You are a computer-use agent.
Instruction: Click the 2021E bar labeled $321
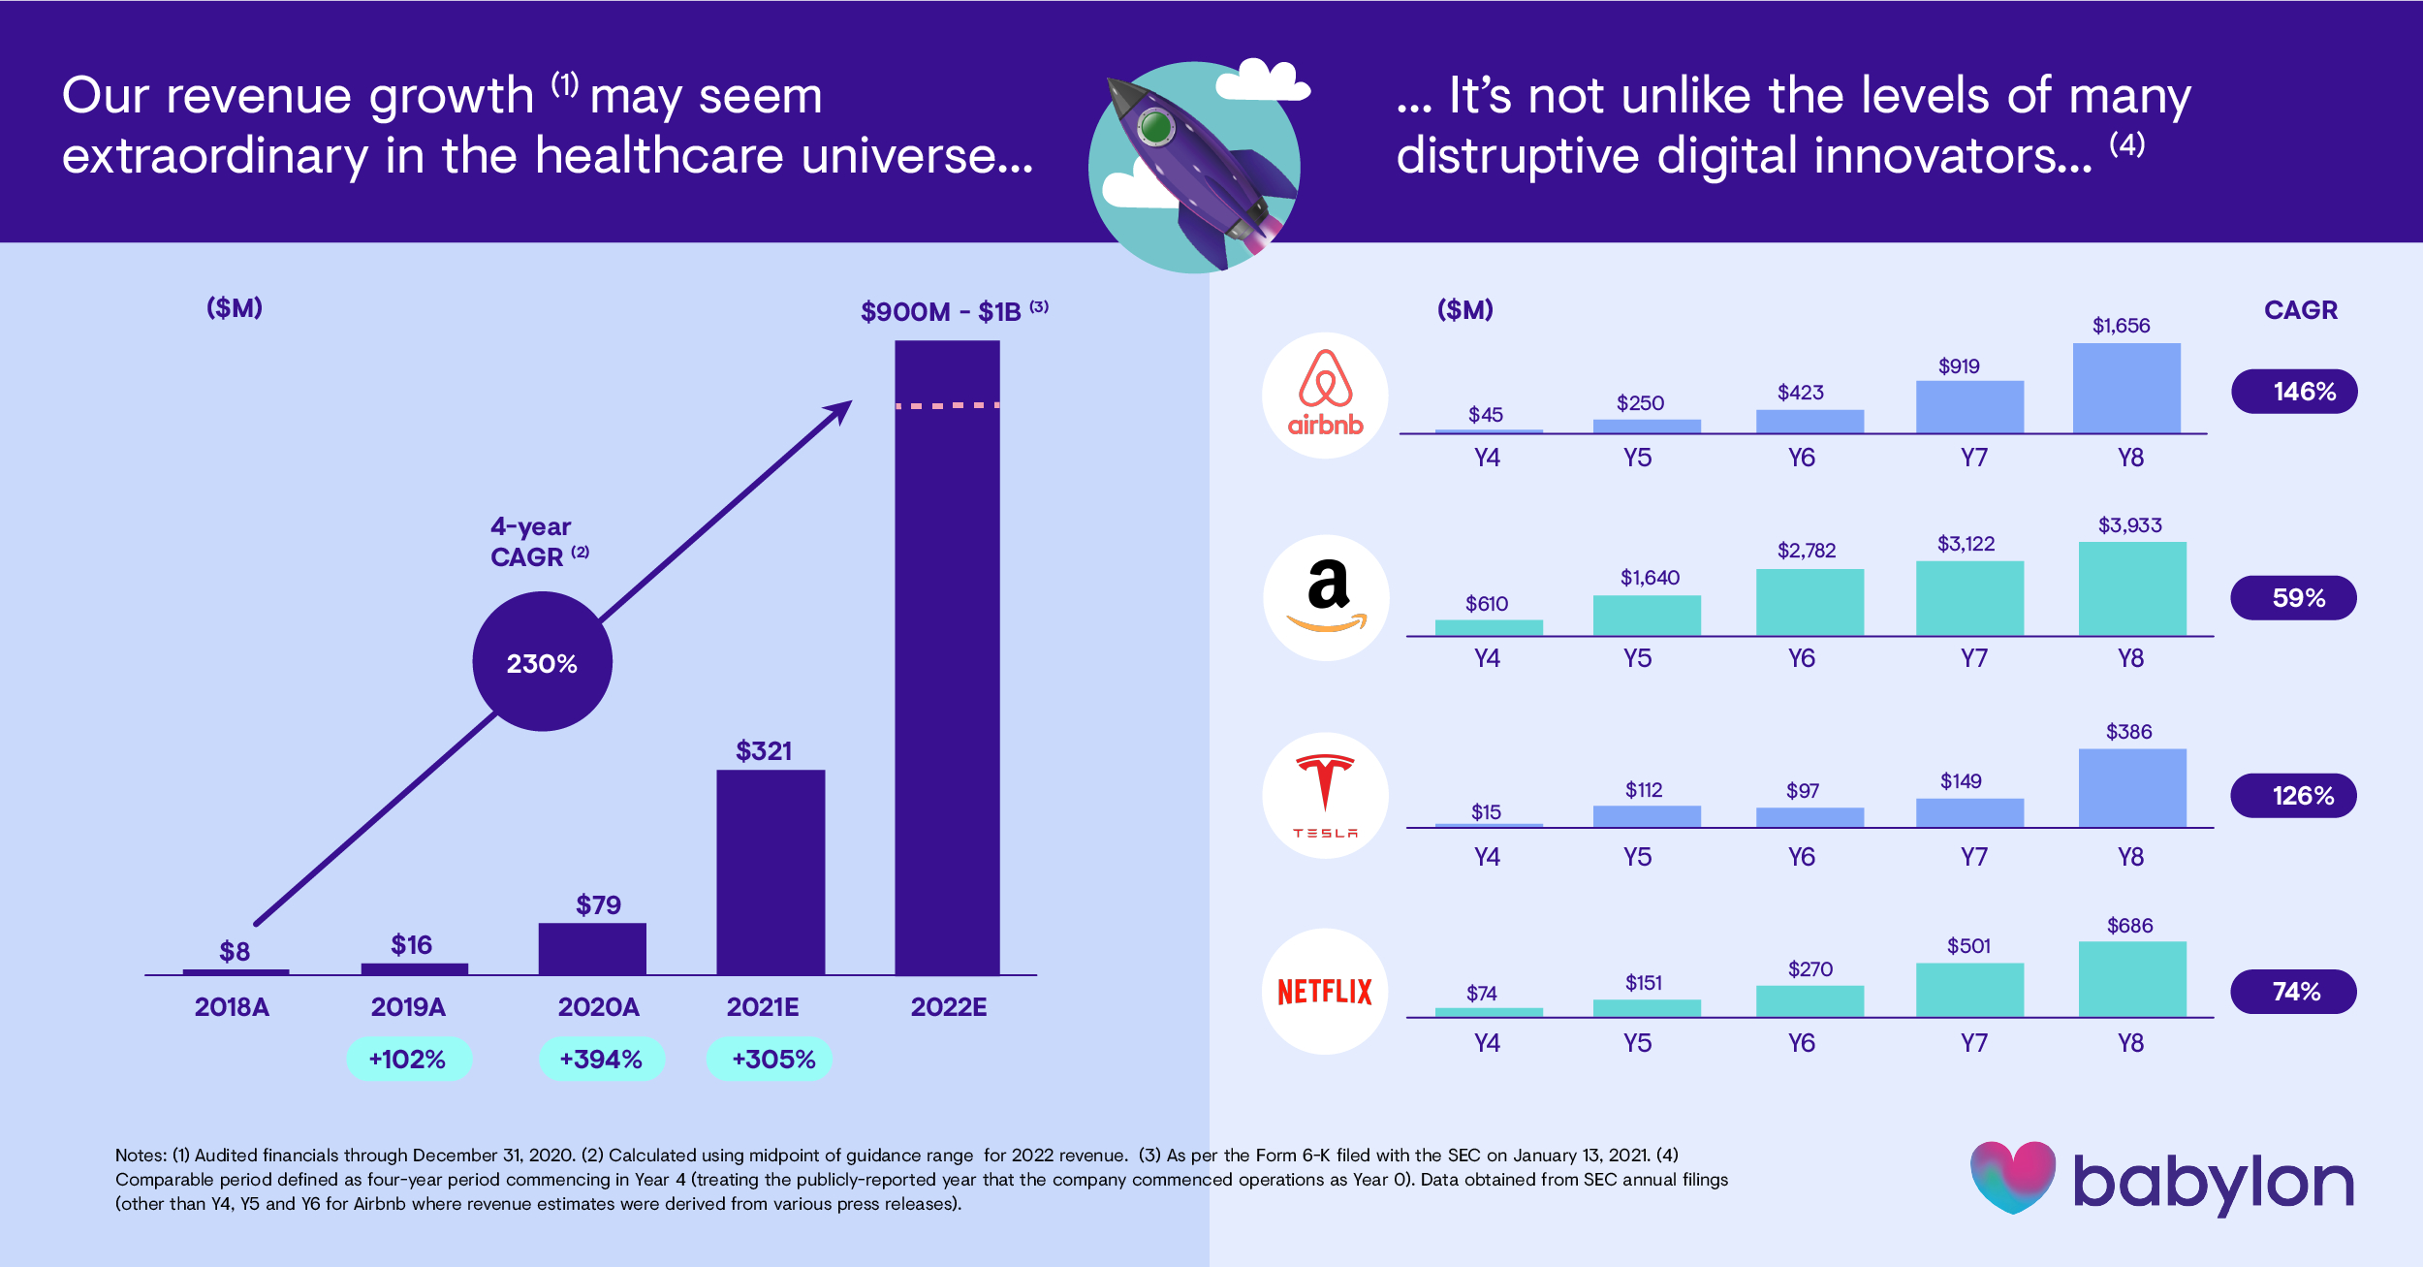tap(771, 871)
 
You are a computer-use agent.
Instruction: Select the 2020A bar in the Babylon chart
tap(592, 948)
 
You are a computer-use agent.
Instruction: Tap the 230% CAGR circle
tap(542, 662)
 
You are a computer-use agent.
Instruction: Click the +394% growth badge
tap(601, 1059)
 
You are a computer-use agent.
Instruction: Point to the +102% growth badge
tap(408, 1059)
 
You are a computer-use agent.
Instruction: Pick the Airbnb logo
tap(1325, 396)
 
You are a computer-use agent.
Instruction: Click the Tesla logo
tap(1325, 796)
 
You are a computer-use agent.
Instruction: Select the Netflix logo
tap(1325, 992)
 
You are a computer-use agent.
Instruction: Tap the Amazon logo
tap(1325, 597)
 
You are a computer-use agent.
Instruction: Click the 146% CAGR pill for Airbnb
tap(2294, 392)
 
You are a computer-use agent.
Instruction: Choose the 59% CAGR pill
tap(2293, 598)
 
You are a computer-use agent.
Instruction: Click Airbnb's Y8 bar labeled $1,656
tap(2126, 388)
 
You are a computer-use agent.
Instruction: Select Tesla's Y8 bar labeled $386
tap(2132, 788)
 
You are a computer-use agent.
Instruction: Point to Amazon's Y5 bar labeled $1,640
tap(1647, 616)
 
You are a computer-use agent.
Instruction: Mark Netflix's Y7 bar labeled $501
tap(1969, 990)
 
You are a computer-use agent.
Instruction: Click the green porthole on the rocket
tap(1154, 126)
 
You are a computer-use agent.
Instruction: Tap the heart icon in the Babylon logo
tap(2013, 1176)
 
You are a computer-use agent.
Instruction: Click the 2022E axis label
tap(948, 1007)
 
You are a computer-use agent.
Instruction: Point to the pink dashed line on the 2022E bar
tap(947, 405)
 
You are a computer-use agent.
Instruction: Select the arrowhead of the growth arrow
tap(839, 411)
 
